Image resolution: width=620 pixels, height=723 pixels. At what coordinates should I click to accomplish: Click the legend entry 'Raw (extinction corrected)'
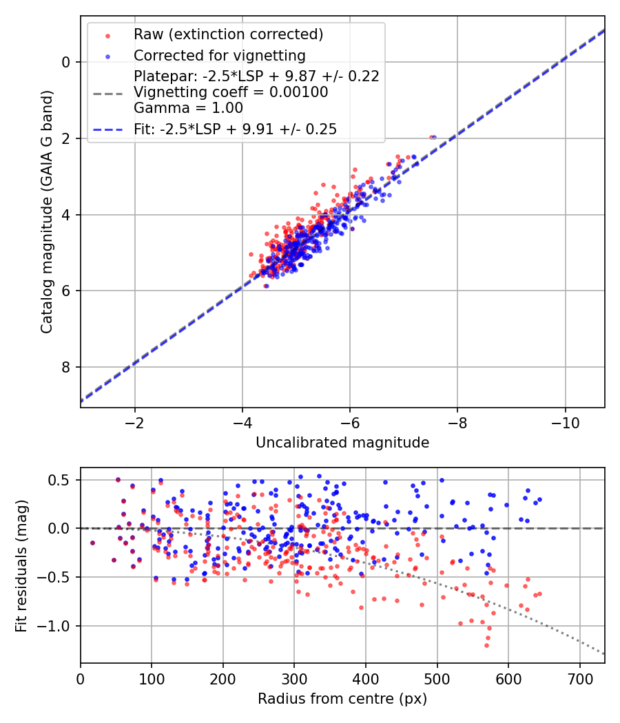tap(228, 34)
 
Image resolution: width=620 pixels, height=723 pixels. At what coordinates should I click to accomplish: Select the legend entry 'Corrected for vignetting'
tap(220, 55)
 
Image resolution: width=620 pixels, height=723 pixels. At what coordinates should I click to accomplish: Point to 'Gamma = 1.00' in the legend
tap(188, 107)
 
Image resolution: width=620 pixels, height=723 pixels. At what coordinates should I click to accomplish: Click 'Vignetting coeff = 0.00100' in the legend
tap(231, 92)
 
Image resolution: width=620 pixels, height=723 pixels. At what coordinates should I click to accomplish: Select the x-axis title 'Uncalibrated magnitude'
tap(342, 443)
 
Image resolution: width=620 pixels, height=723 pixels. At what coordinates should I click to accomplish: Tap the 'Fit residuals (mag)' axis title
tap(21, 565)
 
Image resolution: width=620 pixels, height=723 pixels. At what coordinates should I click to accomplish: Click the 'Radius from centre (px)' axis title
tap(342, 699)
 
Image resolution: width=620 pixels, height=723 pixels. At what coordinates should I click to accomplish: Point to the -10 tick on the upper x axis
tap(565, 421)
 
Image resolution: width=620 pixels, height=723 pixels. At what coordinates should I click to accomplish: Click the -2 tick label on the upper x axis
tap(134, 421)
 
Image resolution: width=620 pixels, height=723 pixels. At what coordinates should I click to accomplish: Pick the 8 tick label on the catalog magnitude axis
tap(67, 367)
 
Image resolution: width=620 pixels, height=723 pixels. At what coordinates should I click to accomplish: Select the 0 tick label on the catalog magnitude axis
tap(67, 62)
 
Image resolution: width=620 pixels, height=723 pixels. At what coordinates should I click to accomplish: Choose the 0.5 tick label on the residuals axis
tap(62, 479)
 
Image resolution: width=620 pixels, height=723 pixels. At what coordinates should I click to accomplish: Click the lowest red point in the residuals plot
tap(486, 645)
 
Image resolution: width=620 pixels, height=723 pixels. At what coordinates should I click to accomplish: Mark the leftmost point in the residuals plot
tap(92, 543)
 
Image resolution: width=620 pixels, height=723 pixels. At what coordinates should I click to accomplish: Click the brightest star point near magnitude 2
tap(433, 137)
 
